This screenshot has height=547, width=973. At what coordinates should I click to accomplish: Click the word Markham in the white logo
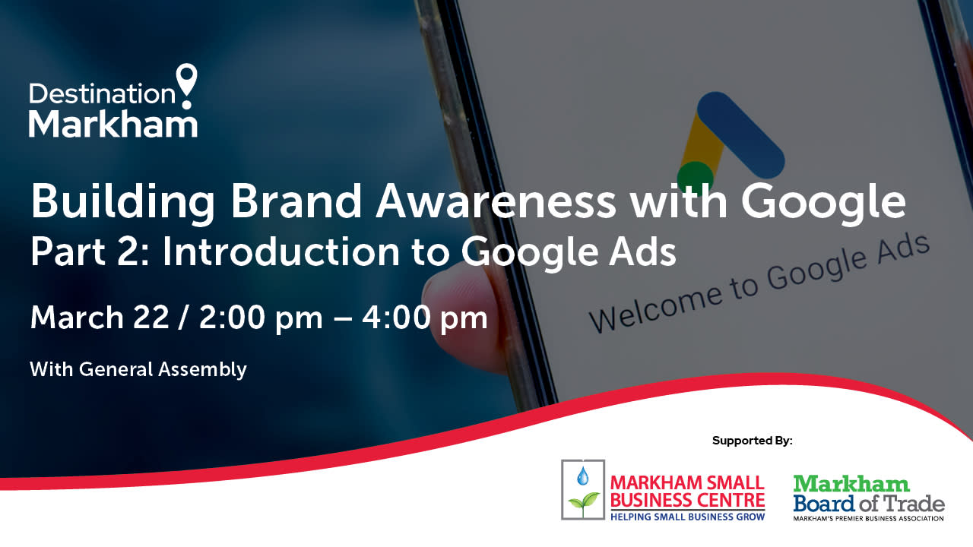[x=113, y=124]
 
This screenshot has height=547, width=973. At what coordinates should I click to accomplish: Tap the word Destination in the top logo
[x=102, y=93]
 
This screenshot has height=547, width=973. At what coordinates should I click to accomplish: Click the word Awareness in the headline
[x=496, y=201]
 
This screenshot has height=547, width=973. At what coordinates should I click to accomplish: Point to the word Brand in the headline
[x=296, y=201]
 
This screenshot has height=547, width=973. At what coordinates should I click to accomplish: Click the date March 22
[x=100, y=318]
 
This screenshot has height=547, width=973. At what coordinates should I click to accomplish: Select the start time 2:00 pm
[x=261, y=319]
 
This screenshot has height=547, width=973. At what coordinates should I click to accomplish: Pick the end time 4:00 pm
[x=425, y=319]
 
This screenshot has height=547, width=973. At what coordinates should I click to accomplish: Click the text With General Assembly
[x=138, y=370]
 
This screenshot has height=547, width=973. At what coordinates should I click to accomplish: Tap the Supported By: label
[x=753, y=441]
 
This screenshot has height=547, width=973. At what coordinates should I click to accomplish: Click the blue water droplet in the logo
[x=582, y=476]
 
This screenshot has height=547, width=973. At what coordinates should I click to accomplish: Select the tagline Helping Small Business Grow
[x=688, y=517]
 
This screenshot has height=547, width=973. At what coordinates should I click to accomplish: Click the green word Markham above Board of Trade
[x=851, y=484]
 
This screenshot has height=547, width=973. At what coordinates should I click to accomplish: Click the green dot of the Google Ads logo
[x=695, y=177]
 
